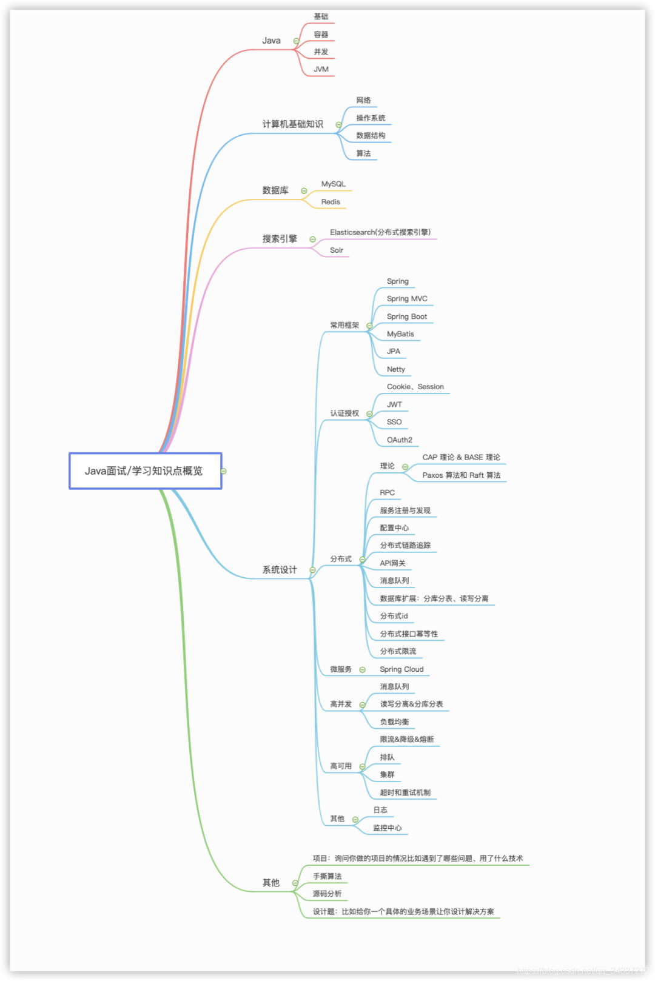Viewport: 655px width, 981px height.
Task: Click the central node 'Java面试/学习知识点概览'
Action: [x=144, y=471]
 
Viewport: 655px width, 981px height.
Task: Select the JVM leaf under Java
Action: [x=321, y=70]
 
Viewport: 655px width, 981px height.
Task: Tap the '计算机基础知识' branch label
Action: [x=292, y=124]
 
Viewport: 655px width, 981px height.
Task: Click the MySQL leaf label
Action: [x=333, y=184]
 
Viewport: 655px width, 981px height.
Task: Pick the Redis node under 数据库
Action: [x=331, y=202]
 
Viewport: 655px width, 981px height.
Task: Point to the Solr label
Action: [x=336, y=250]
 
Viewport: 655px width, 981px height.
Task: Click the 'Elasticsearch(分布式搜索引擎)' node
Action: [x=380, y=232]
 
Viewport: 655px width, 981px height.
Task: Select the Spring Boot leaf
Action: [x=406, y=316]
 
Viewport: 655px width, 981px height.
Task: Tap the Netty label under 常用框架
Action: [x=395, y=369]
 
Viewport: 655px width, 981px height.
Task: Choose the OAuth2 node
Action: [x=399, y=440]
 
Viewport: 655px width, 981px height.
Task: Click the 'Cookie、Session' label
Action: [x=415, y=387]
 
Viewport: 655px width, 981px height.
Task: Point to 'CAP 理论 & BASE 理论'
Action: [x=461, y=458]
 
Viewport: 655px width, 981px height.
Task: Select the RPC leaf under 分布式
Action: [x=387, y=493]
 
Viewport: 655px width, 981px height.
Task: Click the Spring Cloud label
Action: [x=401, y=669]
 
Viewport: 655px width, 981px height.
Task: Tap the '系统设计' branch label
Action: [x=280, y=570]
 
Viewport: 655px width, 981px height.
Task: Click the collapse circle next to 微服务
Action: [x=362, y=670]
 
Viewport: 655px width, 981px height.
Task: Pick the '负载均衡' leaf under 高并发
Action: [x=394, y=722]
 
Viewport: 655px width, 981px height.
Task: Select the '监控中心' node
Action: [x=387, y=828]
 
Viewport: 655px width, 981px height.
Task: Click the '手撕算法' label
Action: [x=327, y=877]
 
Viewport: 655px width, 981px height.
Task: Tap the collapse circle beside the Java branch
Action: [x=296, y=41]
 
